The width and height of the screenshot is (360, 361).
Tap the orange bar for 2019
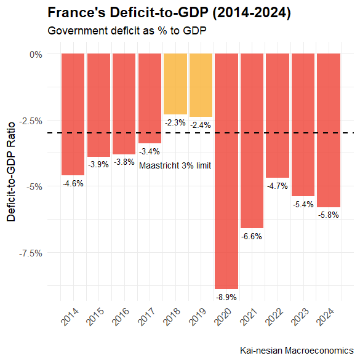(x=201, y=85)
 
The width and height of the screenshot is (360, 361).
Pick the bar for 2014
(x=73, y=114)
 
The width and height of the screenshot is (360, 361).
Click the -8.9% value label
(x=226, y=297)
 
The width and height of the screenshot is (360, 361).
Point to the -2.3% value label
(x=175, y=123)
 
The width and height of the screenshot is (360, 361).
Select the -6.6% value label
(x=252, y=236)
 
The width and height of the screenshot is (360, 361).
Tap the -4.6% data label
(x=73, y=183)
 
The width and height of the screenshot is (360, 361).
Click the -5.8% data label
(x=329, y=215)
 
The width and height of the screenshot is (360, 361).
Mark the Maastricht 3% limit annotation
(x=175, y=165)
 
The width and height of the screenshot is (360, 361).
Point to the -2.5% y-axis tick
(x=31, y=121)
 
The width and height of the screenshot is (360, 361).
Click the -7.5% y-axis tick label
(x=31, y=253)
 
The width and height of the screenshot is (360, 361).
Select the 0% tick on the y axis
(x=36, y=54)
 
